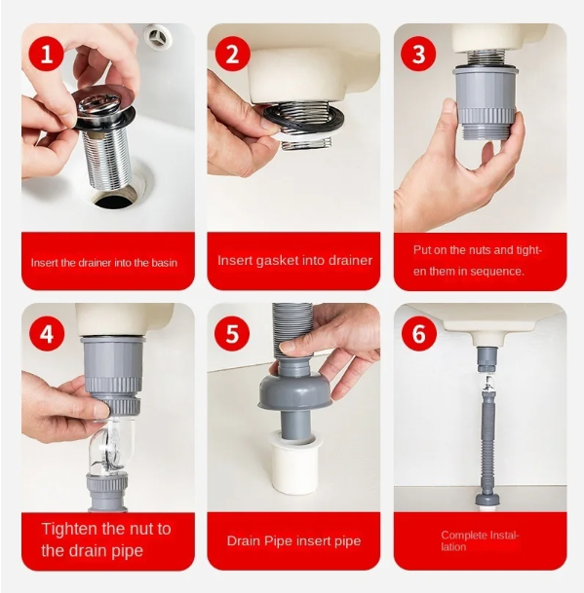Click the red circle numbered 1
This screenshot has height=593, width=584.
tap(47, 55)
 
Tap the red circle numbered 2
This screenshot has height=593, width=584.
tap(233, 55)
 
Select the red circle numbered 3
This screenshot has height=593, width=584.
tap(418, 55)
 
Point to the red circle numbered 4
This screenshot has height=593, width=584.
tap(47, 334)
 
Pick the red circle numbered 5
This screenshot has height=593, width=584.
tap(233, 334)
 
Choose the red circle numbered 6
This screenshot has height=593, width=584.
tap(418, 334)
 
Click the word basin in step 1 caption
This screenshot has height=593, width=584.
tap(164, 263)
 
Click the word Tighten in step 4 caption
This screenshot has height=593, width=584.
tap(67, 529)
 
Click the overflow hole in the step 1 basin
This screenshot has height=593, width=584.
tap(158, 37)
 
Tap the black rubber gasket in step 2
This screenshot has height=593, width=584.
tap(303, 122)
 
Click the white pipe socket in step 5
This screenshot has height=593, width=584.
tap(292, 463)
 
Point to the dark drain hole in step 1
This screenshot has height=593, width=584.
tap(116, 199)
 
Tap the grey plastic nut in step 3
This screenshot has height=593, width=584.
tap(485, 103)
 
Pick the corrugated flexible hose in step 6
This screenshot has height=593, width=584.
tap(487, 440)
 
